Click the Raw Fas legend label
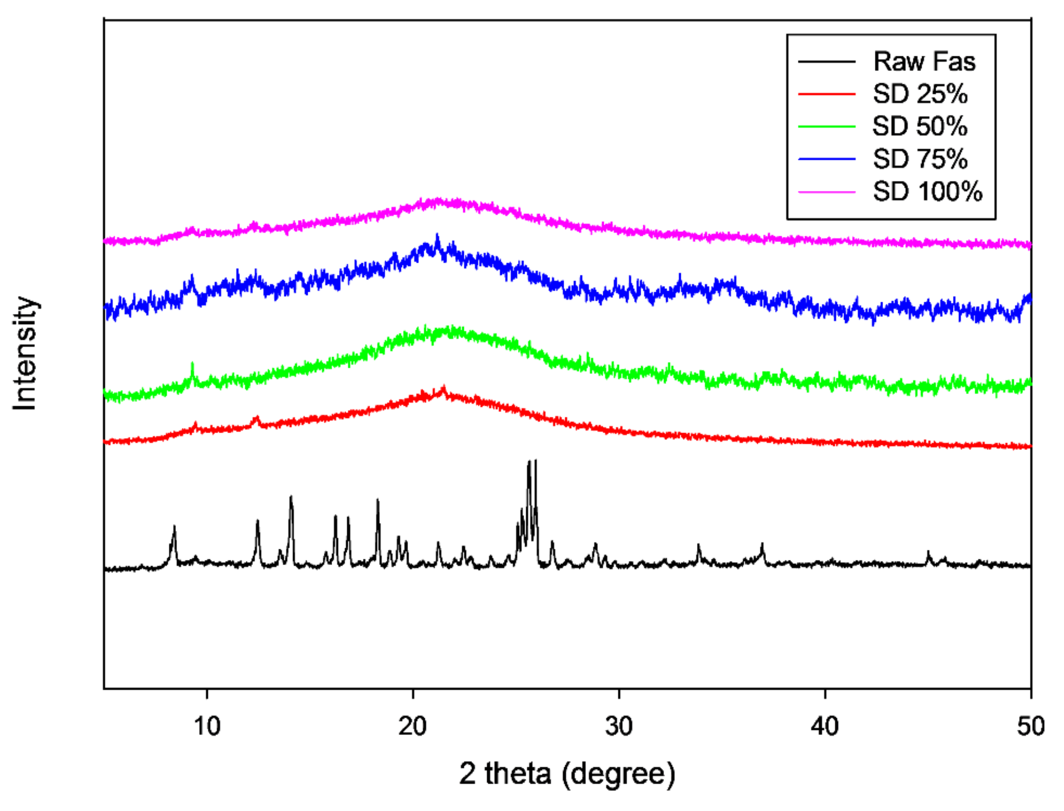click(x=924, y=62)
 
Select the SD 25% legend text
click(x=920, y=94)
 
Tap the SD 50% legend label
click(x=920, y=127)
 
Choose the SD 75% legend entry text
click(x=920, y=159)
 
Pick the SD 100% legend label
click(x=928, y=192)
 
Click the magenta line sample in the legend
click(x=827, y=192)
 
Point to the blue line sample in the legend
click(x=827, y=159)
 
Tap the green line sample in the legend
click(x=827, y=127)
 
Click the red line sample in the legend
click(x=827, y=94)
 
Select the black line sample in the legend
click(x=827, y=62)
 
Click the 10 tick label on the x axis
click(x=207, y=726)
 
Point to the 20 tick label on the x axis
click(x=413, y=726)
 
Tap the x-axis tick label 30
click(x=619, y=726)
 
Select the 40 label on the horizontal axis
click(x=825, y=726)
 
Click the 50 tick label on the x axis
click(x=1031, y=726)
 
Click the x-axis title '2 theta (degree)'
click(x=567, y=774)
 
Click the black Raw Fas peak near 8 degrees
click(x=174, y=527)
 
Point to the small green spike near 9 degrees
click(x=192, y=364)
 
